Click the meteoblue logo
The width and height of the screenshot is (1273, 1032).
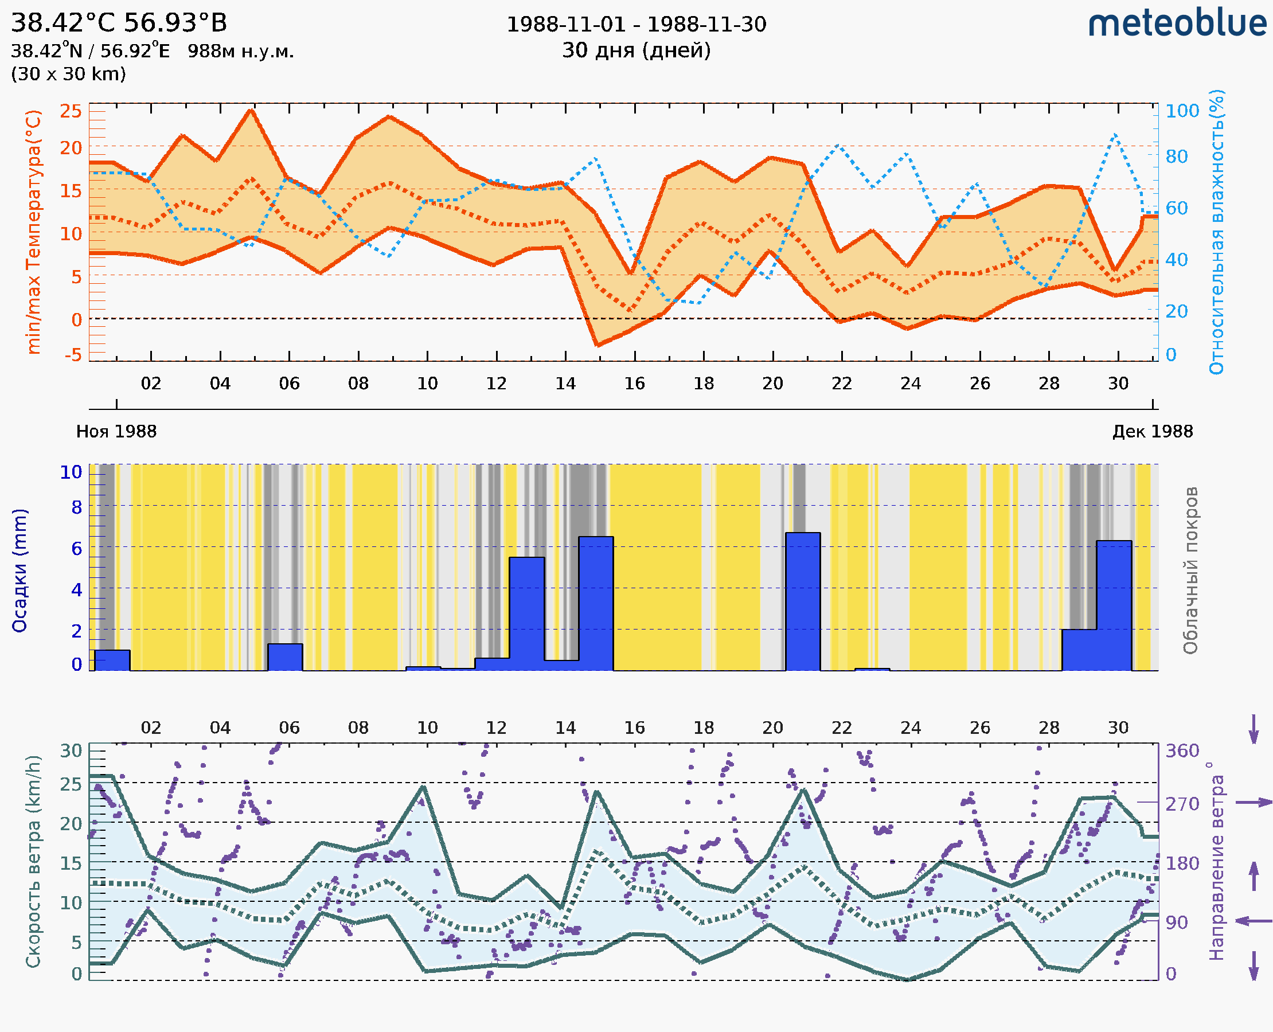coord(1177,24)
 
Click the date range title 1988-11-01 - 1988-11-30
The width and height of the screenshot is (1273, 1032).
coord(636,25)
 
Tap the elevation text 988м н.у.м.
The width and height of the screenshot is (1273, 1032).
coord(240,51)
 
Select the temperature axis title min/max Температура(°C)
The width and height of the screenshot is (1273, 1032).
coord(34,232)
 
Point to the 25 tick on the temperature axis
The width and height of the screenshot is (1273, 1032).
coord(71,111)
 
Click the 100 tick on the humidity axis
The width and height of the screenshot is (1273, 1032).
coord(1182,111)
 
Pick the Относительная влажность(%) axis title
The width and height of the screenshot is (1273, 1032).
coord(1216,232)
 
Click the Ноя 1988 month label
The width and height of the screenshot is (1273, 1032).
coord(116,431)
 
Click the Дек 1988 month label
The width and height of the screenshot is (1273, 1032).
coord(1153,431)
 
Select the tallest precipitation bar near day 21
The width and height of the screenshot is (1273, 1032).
coord(803,600)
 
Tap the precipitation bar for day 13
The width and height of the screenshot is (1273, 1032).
coord(527,612)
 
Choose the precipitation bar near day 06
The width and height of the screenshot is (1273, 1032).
coord(285,656)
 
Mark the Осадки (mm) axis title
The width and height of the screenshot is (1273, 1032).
coord(19,570)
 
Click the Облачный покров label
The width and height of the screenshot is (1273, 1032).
coord(1190,570)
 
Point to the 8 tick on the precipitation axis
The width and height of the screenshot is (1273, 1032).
coord(77,507)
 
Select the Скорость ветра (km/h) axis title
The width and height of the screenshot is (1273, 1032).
coord(34,861)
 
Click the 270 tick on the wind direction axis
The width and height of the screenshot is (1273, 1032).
coord(1182,804)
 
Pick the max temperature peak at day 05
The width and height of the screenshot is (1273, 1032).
coord(251,110)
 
